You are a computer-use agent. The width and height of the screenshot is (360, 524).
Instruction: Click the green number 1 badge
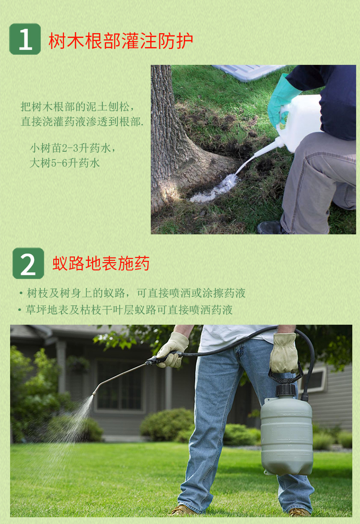pos(25,39)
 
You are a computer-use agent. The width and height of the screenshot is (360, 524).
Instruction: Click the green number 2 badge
pos(28,263)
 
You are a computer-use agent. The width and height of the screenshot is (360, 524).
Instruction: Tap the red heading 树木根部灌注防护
pos(121,41)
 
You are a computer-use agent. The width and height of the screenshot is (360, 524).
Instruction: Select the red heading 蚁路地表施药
pos(101,263)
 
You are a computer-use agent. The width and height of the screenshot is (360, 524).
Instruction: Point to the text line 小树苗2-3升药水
pos(73,148)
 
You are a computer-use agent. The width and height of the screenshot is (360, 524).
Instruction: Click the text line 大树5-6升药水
pos(65,163)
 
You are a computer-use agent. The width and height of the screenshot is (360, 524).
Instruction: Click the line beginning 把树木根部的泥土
pos(78,107)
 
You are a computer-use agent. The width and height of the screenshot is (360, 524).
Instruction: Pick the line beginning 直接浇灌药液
pos(82,122)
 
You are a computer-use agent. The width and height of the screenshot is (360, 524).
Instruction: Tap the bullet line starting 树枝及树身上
pos(132,293)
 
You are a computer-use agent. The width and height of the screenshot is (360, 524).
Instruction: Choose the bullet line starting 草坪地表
pos(126,310)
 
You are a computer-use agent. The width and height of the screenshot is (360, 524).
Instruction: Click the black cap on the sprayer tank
pos(286,390)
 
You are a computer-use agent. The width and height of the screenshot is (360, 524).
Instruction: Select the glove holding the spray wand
pos(173,350)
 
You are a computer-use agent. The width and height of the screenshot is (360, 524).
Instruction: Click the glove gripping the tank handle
pos(284,353)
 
